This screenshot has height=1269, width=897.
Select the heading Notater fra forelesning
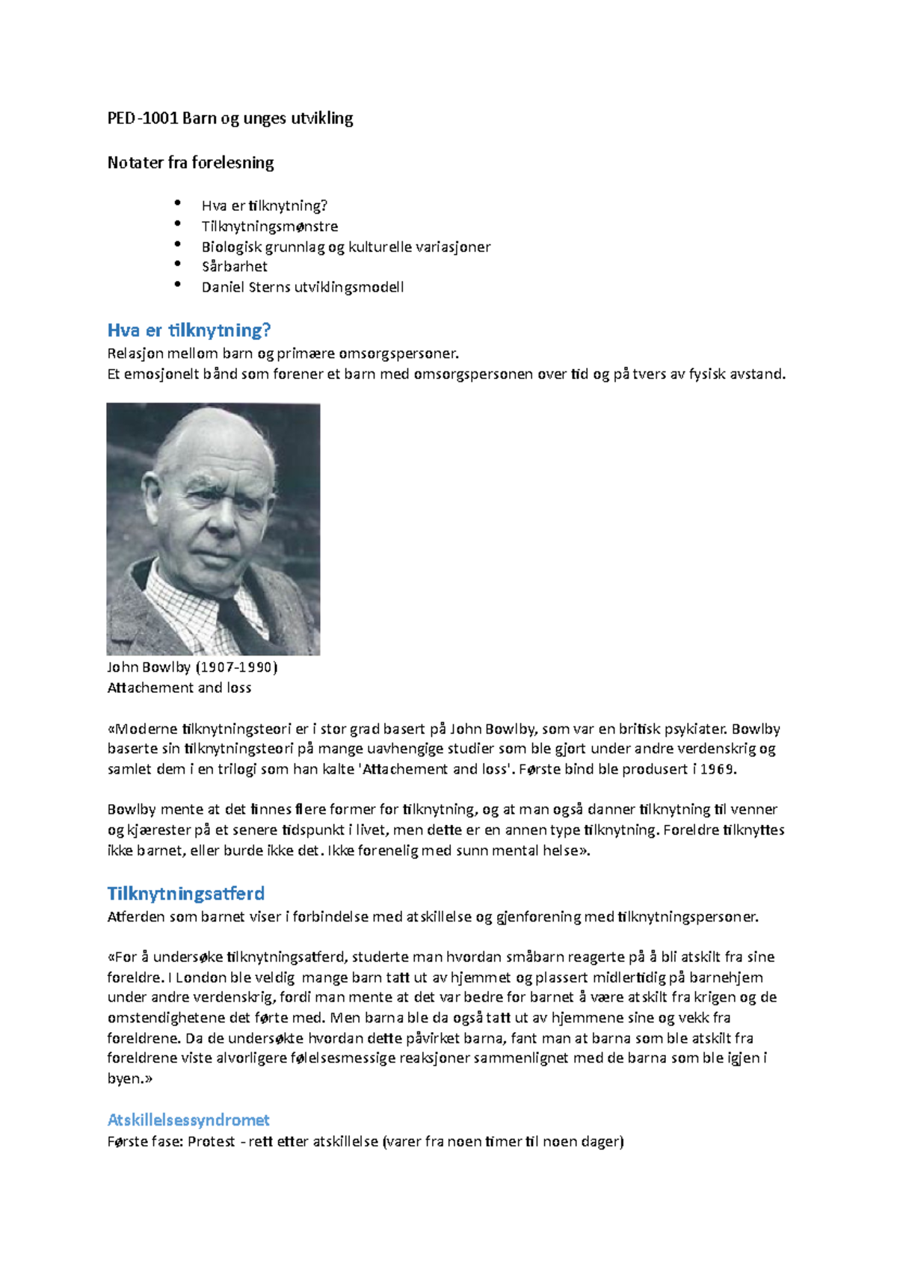191,162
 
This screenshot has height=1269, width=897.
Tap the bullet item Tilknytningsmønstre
269,226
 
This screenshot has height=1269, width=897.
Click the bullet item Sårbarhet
234,266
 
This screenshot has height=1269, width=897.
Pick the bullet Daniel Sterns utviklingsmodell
302,287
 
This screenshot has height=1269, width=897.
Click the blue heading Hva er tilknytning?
188,330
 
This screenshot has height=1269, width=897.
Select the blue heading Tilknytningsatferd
185,893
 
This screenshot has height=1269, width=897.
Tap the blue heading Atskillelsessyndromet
188,1120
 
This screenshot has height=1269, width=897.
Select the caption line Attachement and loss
179,688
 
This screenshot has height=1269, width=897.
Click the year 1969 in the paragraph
718,769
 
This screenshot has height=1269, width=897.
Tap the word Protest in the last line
211,1141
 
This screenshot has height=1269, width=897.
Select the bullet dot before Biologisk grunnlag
177,244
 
